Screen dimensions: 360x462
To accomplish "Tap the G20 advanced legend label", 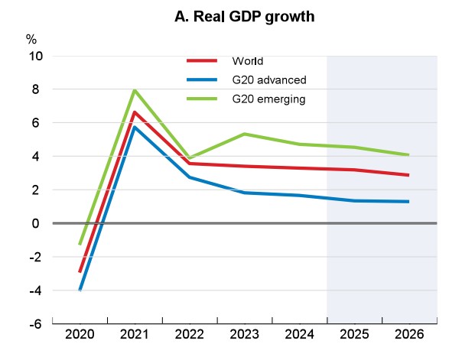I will (265, 79).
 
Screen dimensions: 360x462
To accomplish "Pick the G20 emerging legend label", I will (266, 99).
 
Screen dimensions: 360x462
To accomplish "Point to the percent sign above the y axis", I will (31, 39).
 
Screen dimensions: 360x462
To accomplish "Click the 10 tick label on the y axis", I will (34, 57).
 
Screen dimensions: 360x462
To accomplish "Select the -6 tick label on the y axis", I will (35, 324).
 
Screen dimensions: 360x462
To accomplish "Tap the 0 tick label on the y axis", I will (38, 223).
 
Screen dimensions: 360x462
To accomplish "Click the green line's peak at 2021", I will (135, 90).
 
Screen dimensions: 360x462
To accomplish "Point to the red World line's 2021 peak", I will (135, 112).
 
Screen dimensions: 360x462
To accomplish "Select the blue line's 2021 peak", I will (135, 127).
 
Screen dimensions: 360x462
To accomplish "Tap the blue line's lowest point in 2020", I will (80, 290).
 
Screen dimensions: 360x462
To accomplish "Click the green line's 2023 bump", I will (244, 134).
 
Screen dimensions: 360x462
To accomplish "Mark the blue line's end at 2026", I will (408, 202).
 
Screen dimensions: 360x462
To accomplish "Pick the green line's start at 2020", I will (80, 244).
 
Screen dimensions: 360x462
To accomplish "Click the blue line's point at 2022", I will (189, 177).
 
